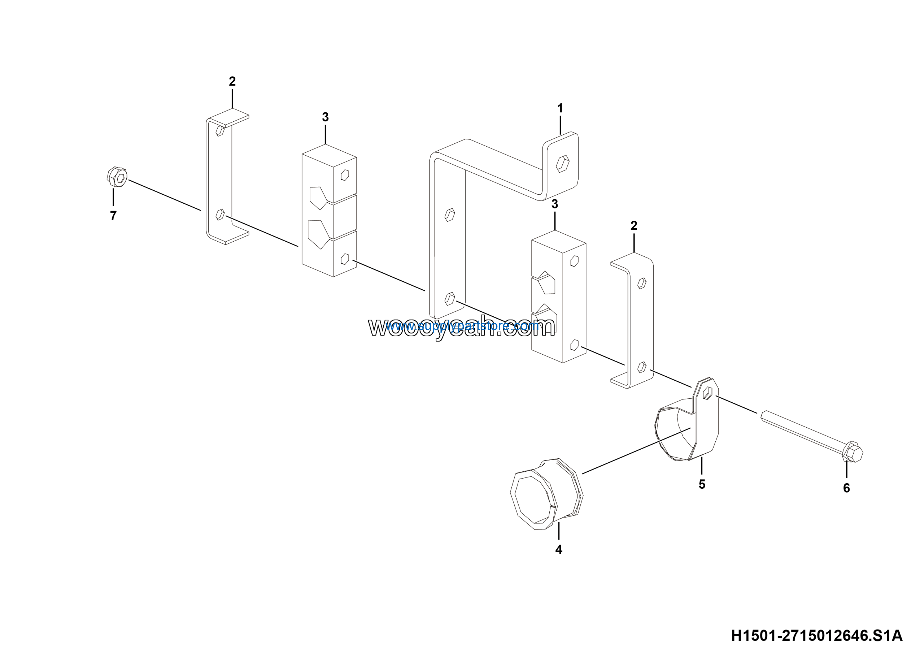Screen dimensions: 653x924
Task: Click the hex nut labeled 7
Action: [117, 177]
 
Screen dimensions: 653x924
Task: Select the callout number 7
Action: [113, 216]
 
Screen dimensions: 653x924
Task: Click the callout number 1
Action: [560, 108]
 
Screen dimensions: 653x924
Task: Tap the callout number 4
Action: [559, 550]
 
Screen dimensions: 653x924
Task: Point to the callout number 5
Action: [702, 484]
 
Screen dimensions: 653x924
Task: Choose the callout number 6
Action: [847, 488]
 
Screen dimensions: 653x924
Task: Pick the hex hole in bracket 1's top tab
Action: [563, 164]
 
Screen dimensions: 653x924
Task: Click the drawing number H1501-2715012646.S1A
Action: [816, 636]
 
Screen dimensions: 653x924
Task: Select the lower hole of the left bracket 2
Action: [220, 214]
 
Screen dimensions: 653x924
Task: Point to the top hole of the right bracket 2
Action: [642, 284]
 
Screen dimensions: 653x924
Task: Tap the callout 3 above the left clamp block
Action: [325, 117]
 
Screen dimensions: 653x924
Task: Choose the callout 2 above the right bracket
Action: [634, 226]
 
